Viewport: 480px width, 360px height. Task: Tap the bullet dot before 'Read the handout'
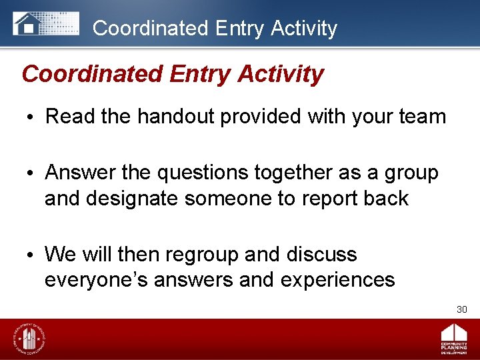tap(33, 117)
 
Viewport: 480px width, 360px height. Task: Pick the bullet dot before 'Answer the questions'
tap(33, 173)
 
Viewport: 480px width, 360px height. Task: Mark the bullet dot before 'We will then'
tap(33, 255)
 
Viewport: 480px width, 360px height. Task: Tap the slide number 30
tap(461, 309)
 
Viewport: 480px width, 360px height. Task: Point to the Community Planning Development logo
tap(453, 339)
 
